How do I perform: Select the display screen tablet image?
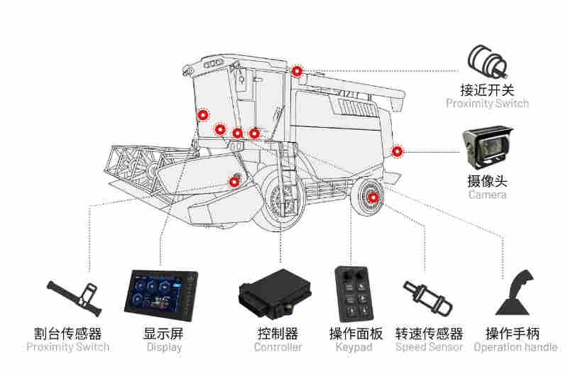[161, 295]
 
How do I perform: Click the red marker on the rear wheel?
[373, 197]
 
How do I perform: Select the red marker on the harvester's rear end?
[397, 151]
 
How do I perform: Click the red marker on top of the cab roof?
[297, 70]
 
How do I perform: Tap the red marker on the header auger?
[234, 181]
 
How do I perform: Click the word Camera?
[487, 195]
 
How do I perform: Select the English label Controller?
[278, 347]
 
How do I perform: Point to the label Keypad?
[354, 347]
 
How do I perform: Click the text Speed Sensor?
[429, 347]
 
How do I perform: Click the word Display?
[164, 347]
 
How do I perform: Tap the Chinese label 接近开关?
[487, 90]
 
